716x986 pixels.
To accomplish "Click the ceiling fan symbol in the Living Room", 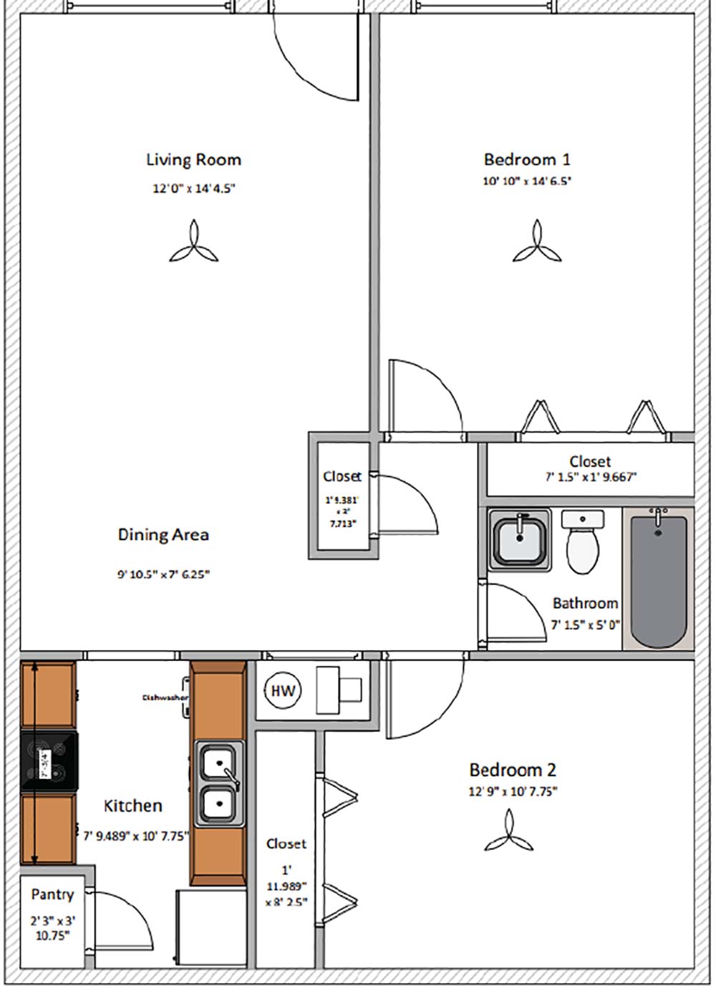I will [x=193, y=243].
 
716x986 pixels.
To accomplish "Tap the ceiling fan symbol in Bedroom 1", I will [x=536, y=243].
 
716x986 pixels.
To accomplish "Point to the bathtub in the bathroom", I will [x=658, y=579].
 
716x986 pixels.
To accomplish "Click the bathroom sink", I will [x=519, y=539].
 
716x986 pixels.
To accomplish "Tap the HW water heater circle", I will [x=283, y=691].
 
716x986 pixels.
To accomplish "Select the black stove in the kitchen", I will [x=49, y=762].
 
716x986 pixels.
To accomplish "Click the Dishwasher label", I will [x=165, y=697].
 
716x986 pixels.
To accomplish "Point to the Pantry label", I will [x=52, y=894].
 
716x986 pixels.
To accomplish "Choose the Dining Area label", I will [x=163, y=534].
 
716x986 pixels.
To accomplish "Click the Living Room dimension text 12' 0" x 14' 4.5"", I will [x=193, y=189].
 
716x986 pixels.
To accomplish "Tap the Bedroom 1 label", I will [x=527, y=159].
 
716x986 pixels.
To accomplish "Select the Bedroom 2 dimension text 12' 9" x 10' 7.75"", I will [x=513, y=791].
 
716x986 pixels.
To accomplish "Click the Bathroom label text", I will [x=585, y=603].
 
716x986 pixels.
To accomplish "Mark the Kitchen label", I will [x=133, y=806].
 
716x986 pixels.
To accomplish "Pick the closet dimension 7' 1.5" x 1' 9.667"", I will [x=591, y=477].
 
